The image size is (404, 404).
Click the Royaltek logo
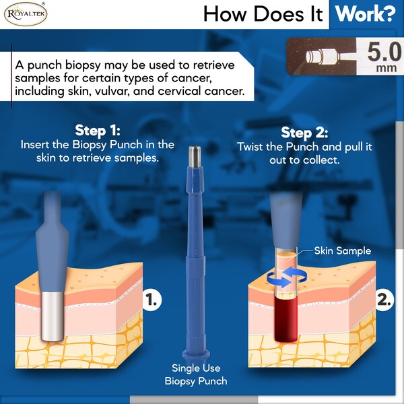pyautogui.click(x=26, y=14)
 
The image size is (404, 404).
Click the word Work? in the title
pyautogui.click(x=366, y=14)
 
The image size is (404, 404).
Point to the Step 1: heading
pyautogui.click(x=98, y=131)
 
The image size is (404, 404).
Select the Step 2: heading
pyautogui.click(x=304, y=133)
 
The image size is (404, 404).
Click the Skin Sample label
pyautogui.click(x=343, y=250)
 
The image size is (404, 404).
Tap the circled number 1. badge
pyautogui.click(x=151, y=300)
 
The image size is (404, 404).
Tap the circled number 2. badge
pyautogui.click(x=384, y=300)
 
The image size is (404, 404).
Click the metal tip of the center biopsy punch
pyautogui.click(x=195, y=156)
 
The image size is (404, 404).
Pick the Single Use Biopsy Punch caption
pyautogui.click(x=196, y=374)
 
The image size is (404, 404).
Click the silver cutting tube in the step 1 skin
pyautogui.click(x=53, y=316)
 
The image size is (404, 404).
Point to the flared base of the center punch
pyautogui.click(x=196, y=354)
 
